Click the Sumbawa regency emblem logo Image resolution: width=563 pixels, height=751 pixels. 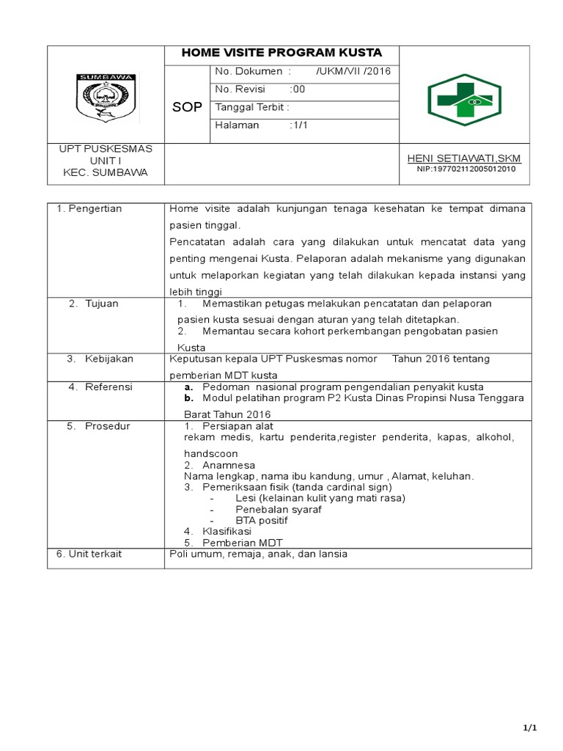click(x=104, y=95)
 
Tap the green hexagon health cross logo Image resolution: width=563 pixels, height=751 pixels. click(x=464, y=100)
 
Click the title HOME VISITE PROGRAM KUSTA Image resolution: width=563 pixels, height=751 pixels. click(x=282, y=54)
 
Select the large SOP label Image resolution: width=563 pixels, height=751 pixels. click(x=187, y=108)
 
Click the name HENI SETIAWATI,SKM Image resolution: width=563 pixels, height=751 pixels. click(x=464, y=158)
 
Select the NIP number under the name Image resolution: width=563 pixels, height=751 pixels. click(x=465, y=169)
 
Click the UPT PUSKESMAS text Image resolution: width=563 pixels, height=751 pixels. click(x=106, y=149)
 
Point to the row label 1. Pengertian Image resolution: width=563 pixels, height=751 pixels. click(x=89, y=209)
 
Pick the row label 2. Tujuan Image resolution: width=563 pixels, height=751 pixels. click(x=93, y=304)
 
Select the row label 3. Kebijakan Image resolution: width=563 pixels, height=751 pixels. click(x=99, y=359)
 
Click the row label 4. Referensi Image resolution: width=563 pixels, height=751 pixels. click(x=100, y=387)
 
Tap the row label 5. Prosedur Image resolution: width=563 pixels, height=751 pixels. click(x=98, y=426)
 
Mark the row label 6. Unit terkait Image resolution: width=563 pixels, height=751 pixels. click(x=89, y=554)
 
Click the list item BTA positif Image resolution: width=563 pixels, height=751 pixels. click(x=261, y=520)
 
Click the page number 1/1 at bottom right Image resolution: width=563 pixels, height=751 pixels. click(x=530, y=728)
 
